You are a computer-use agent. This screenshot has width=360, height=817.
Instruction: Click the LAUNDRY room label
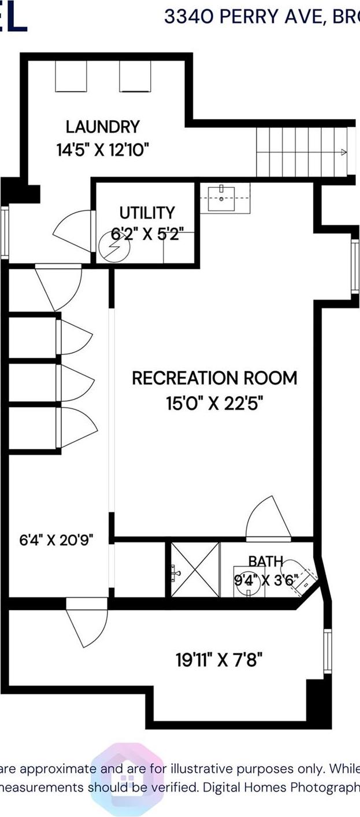coord(102,126)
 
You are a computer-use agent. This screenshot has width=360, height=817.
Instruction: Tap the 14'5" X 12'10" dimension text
coord(102,150)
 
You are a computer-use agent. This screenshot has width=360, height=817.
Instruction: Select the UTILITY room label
coord(147,212)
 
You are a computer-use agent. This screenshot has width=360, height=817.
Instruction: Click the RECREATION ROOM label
coord(214,378)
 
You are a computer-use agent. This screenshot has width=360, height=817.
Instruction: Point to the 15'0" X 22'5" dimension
coord(214,402)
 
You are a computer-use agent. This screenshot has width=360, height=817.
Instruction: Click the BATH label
coord(266,560)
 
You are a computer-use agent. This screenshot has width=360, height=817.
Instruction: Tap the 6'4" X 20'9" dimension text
coord(56,541)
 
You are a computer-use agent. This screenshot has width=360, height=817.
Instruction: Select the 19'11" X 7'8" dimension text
coord(222,659)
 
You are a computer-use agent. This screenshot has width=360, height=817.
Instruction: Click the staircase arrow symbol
coord(343,153)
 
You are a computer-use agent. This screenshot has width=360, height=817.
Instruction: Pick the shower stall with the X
coord(195,570)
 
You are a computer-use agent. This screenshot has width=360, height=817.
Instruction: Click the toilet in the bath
coord(300,576)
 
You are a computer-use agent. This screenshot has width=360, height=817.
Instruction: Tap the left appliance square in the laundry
coord(70,76)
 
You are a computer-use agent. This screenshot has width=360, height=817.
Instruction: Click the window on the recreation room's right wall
coord(355,266)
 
